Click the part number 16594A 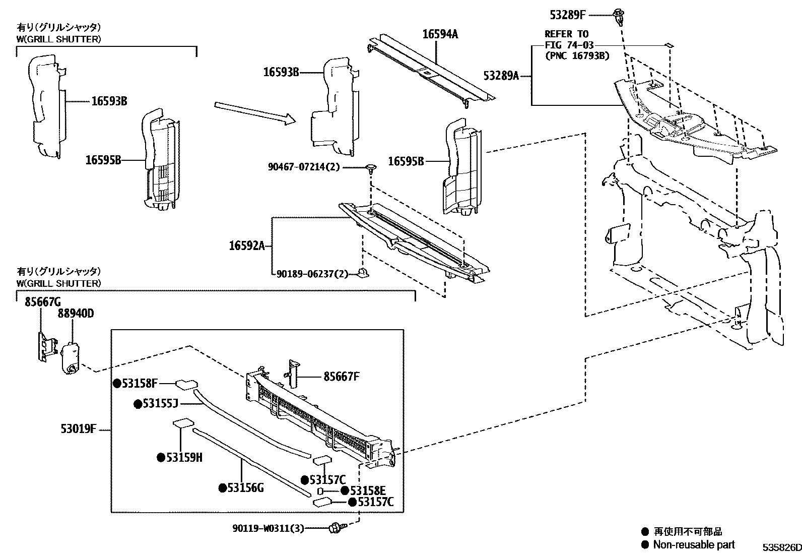pos(440,34)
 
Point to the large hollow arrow pos(254,112)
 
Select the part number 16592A pos(246,245)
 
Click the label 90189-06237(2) pos(312,274)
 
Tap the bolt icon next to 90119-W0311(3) pos(334,528)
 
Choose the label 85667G pos(43,301)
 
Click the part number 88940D pos(76,314)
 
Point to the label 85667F pos(341,376)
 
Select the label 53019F pos(78,429)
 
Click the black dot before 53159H pos(161,457)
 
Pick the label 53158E pos(368,491)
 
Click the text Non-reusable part pos(693,544)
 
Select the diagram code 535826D pos(781,547)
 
